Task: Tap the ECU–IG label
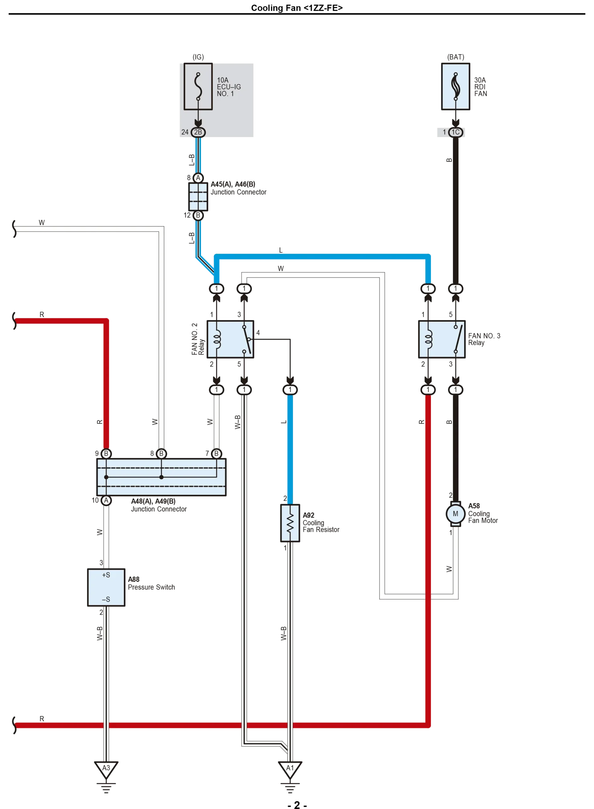pos(229,87)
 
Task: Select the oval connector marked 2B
pos(198,132)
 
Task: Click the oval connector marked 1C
pos(455,132)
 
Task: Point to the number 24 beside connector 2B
pos(185,132)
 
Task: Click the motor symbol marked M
pos(455,514)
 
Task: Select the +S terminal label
pos(106,575)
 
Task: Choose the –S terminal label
pos(106,599)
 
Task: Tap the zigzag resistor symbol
pos(290,523)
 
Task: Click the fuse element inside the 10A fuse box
pos(198,86)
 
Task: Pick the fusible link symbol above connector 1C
pos(456,86)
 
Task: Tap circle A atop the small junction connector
pos(198,178)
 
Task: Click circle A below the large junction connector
pos(106,501)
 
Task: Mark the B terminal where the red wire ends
pos(106,453)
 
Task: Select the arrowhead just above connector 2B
pos(198,123)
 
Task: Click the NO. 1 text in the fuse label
pos(225,94)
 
